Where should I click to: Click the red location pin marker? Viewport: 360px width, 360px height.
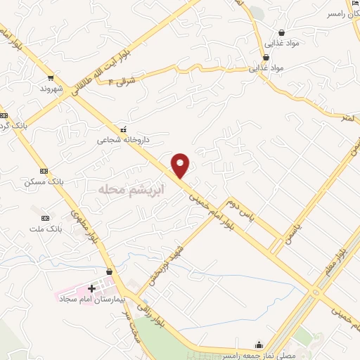[x=181, y=165]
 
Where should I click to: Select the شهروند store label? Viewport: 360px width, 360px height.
[x=52, y=89]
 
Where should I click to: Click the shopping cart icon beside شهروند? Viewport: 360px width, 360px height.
[x=50, y=78]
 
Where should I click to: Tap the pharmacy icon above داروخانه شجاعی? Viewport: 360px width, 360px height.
[x=124, y=129]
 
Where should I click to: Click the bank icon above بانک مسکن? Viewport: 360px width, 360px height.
[x=44, y=171]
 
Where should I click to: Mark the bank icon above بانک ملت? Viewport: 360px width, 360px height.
[x=46, y=218]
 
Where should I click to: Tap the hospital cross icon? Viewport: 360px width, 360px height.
[x=91, y=288]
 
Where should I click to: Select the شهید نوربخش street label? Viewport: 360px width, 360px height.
[x=167, y=266]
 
